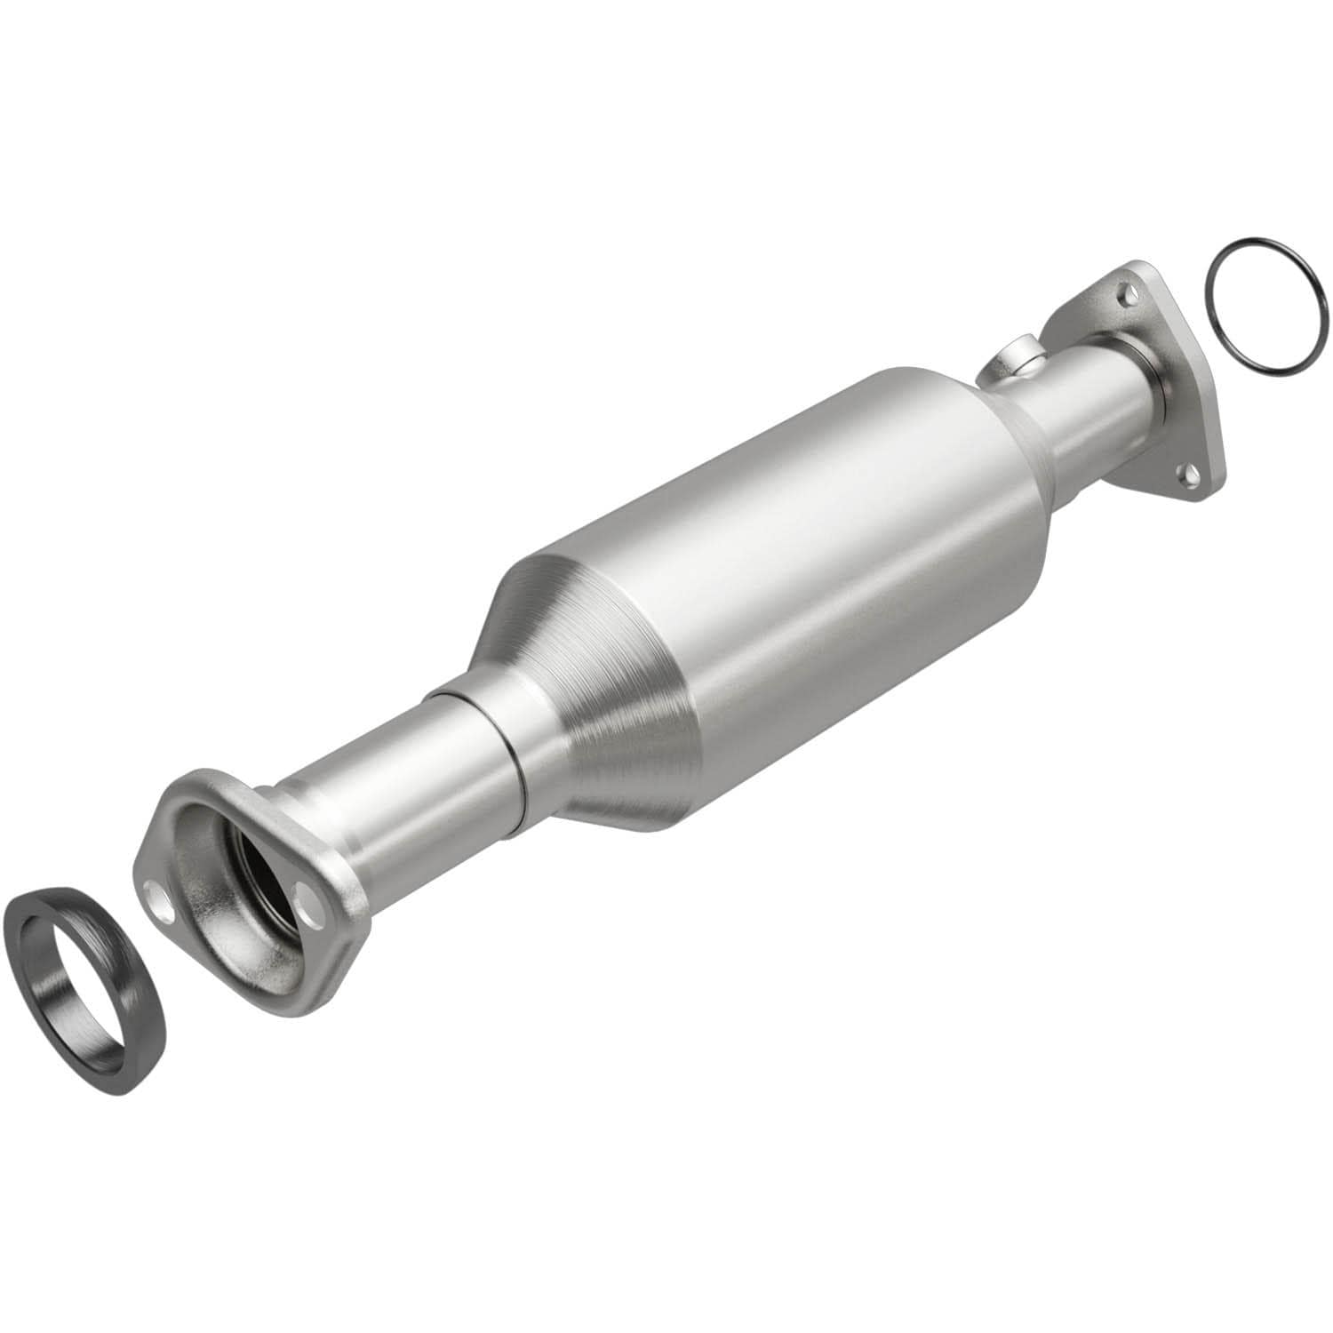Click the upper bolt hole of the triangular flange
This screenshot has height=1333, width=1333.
pyautogui.click(x=1126, y=290)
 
